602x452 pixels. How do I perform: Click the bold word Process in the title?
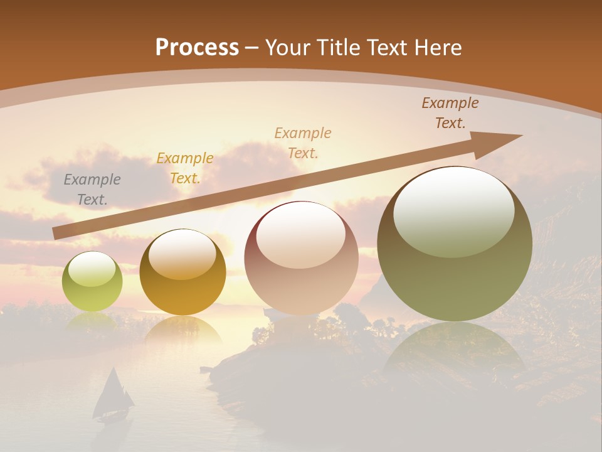point(197,48)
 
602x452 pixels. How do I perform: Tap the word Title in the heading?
point(339,48)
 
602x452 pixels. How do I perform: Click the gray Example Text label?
point(92,190)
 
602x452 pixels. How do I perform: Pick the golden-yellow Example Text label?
point(185,168)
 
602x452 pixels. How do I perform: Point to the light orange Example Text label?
point(303,143)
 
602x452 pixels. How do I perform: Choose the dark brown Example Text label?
point(450,113)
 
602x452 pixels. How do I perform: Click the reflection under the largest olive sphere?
point(455,352)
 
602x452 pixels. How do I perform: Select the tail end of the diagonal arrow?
point(58,234)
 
